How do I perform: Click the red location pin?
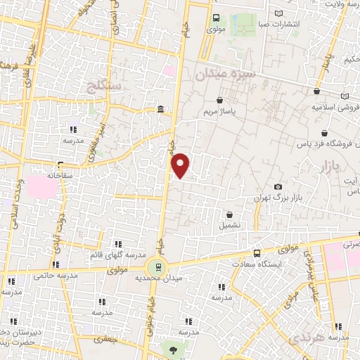[181, 165]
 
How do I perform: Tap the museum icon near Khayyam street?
[161, 110]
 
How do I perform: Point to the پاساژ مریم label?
[224, 112]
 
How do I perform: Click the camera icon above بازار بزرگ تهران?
[278, 186]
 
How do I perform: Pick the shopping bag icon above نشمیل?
[229, 214]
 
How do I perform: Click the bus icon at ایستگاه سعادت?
[256, 253]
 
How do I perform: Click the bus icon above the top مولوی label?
[216, 19]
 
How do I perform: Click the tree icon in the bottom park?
[171, 349]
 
